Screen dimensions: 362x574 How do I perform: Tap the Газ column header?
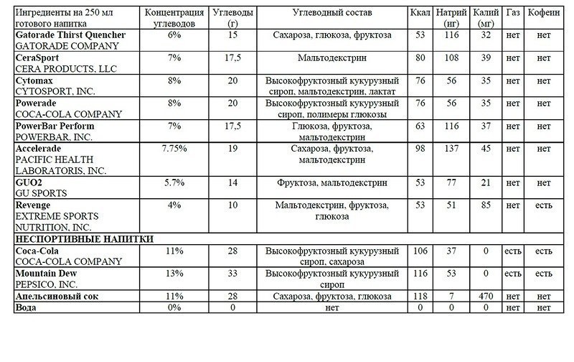(512, 14)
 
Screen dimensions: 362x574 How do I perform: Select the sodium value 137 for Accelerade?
(451, 148)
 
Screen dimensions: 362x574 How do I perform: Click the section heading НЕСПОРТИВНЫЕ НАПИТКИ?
(86, 239)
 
